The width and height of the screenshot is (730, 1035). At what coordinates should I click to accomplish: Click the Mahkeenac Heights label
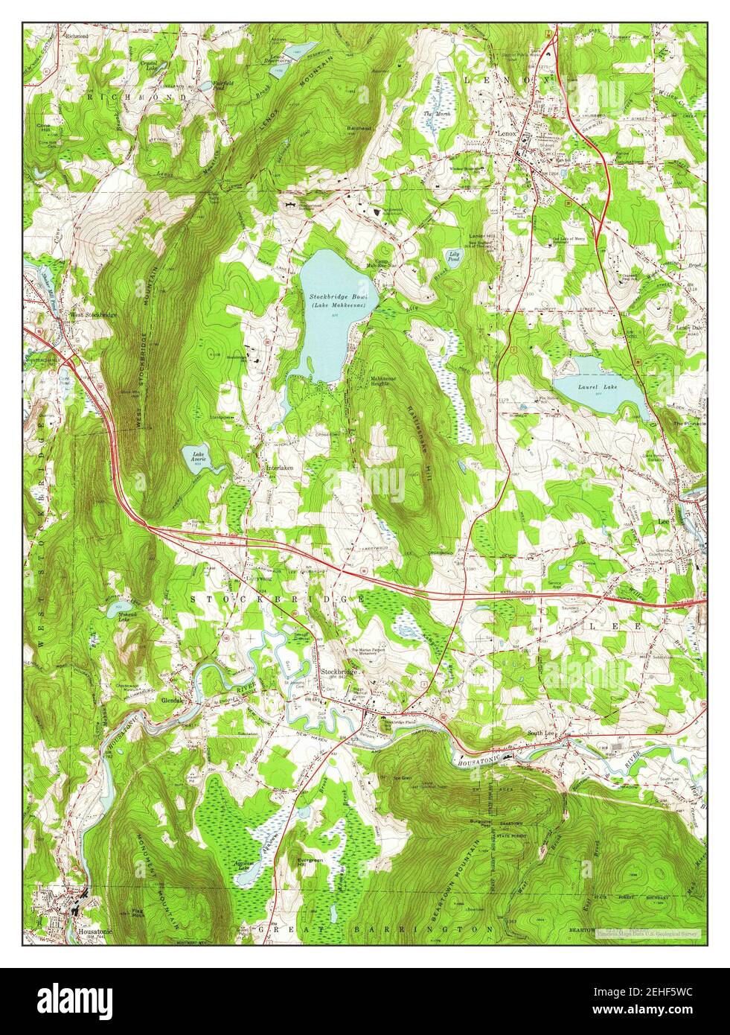tap(387, 381)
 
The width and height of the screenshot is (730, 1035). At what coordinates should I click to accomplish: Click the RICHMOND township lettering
tap(135, 98)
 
